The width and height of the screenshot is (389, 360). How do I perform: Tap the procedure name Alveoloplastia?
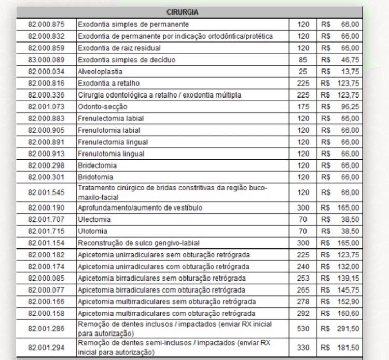point(101,71)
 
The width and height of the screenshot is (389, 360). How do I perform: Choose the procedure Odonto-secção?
point(102,106)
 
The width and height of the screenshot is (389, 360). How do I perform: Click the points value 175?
point(303,106)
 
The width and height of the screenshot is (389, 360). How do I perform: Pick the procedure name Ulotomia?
point(93,231)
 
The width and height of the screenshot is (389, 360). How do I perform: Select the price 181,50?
point(347,348)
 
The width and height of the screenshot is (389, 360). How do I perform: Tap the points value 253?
point(303,278)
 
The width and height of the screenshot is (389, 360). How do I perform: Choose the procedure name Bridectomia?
point(98,165)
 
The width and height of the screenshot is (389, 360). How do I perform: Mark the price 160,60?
point(347,313)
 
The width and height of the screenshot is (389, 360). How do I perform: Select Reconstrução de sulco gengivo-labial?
point(138,243)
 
